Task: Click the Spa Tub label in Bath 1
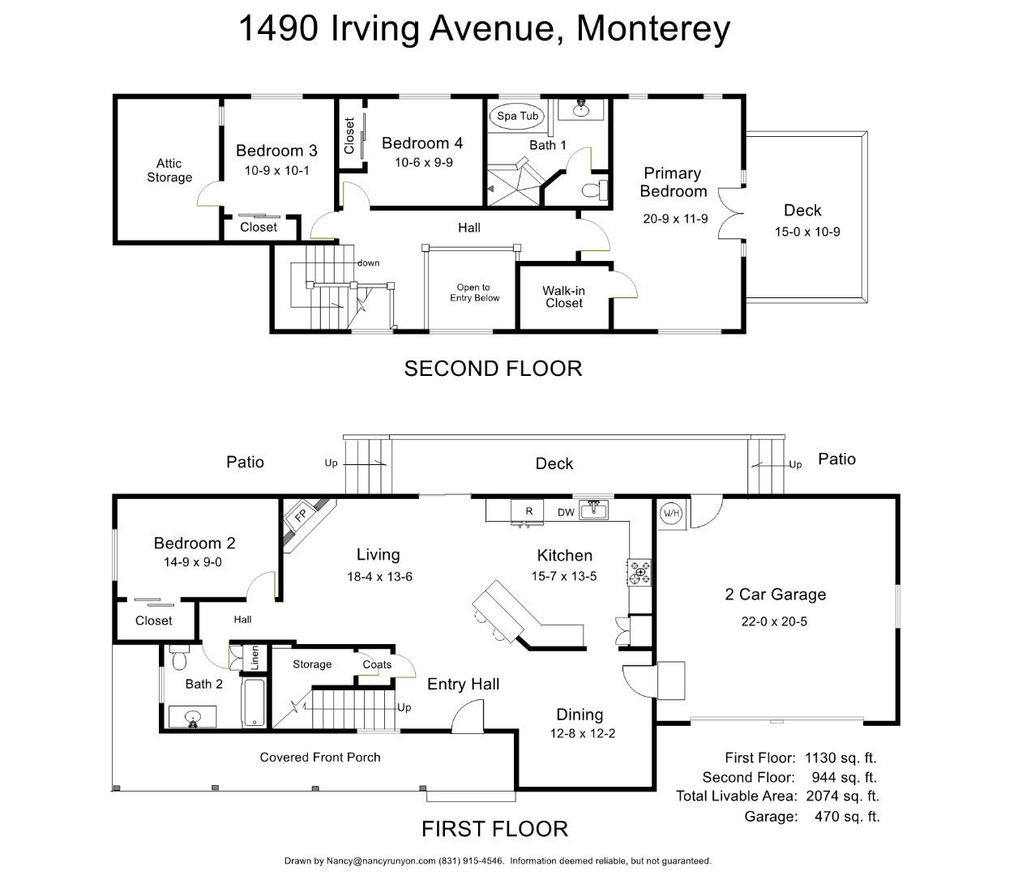pos(517,116)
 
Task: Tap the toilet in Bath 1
pos(596,190)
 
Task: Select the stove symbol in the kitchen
pos(639,571)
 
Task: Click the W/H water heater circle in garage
pos(671,513)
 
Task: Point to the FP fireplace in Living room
pos(300,516)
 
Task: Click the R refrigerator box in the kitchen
pos(528,511)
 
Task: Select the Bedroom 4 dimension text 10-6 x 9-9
pos(423,163)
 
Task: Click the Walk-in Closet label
pos(563,297)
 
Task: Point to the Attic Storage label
pos(169,170)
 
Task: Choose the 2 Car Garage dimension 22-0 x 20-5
pos(774,622)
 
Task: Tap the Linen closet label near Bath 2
pos(254,656)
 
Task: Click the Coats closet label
pos(377,664)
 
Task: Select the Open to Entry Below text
pos(474,292)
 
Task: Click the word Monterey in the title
pos(652,28)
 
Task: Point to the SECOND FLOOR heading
pos(493,369)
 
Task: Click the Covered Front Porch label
pos(319,758)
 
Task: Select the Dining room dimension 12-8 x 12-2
pos(580,734)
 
